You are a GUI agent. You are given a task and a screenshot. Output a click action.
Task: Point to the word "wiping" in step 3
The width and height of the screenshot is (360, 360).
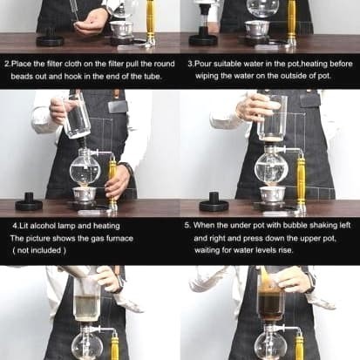(x=207, y=77)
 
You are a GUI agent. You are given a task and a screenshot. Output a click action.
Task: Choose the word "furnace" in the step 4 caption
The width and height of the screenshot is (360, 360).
(x=119, y=239)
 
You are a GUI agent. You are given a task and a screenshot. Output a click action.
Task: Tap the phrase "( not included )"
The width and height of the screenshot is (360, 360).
(x=39, y=250)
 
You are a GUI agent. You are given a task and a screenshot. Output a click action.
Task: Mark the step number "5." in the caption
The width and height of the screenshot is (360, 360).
(x=187, y=226)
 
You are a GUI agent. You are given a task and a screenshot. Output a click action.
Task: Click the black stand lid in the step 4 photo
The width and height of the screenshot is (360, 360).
(x=29, y=201)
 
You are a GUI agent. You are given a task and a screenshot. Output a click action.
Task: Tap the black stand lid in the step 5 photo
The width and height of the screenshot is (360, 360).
(x=214, y=201)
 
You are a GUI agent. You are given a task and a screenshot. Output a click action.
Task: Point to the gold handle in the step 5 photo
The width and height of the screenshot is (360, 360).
(x=301, y=181)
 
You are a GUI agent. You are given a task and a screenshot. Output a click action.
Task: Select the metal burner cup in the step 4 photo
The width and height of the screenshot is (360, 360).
(x=85, y=194)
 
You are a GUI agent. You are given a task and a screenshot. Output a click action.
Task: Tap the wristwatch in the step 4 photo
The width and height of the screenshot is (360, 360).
(x=128, y=169)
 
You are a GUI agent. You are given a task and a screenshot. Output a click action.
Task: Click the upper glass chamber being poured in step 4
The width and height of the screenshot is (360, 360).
(x=76, y=116)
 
